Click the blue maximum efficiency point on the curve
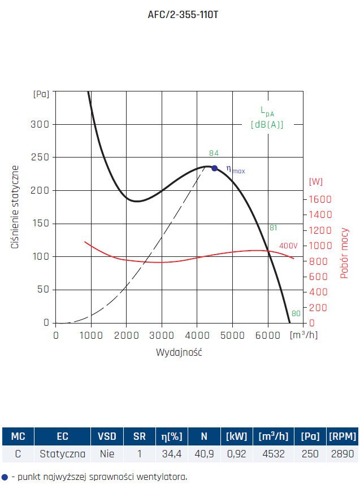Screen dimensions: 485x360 214,168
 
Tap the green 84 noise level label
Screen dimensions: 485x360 214,153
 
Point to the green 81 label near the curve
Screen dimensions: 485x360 273,228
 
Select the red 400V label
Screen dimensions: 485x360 288,246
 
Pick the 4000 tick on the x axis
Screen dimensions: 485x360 197,335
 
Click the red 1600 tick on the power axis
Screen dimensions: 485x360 319,199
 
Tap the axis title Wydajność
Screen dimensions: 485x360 179,352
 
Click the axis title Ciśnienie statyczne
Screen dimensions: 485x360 16,207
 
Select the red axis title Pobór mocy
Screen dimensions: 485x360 344,253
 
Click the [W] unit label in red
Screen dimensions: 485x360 316,181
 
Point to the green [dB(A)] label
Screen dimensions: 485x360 267,124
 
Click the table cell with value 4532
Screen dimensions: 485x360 273,453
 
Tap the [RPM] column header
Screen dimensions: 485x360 342,436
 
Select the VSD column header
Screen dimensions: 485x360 107,436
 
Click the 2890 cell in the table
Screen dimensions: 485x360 342,453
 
